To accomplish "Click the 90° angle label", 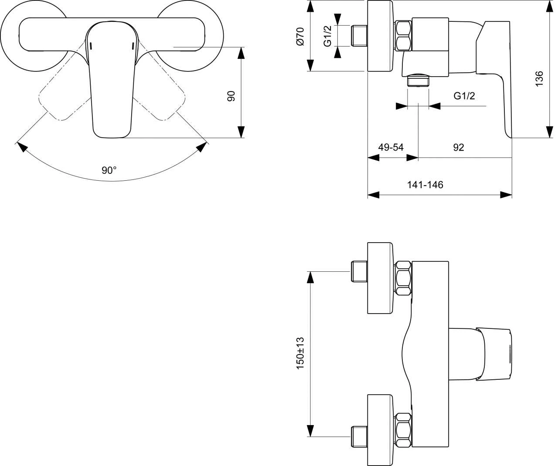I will pyautogui.click(x=109, y=170).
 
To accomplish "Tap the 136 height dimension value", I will pyautogui.click(x=539, y=79).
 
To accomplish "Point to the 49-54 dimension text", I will pyautogui.click(x=391, y=147).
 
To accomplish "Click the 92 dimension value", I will pyautogui.click(x=458, y=147).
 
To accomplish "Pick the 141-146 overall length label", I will pyautogui.click(x=425, y=185).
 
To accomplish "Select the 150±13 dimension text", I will pyautogui.click(x=300, y=353).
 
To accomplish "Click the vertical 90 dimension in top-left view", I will pyautogui.click(x=231, y=96).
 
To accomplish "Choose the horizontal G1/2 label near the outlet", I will pyautogui.click(x=464, y=96).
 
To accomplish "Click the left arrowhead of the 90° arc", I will pyautogui.click(x=21, y=147).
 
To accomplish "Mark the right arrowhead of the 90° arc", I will pyautogui.click(x=201, y=147).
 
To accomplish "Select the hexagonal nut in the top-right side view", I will pyautogui.click(x=404, y=36).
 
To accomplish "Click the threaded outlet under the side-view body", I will pyautogui.click(x=418, y=81).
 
